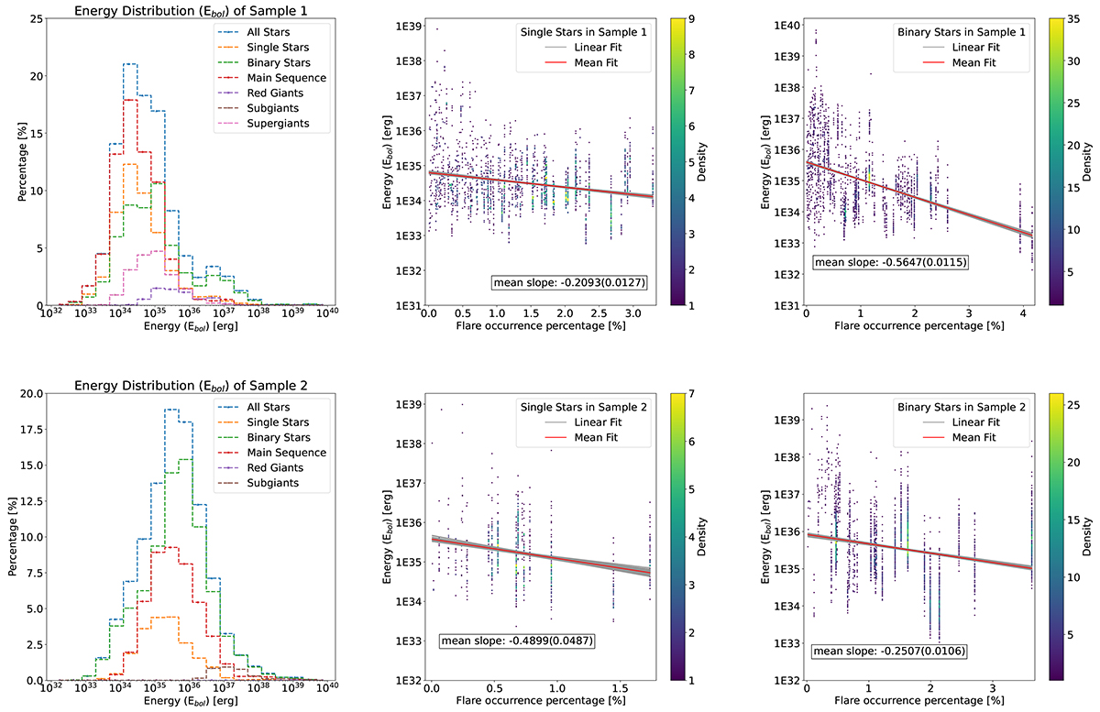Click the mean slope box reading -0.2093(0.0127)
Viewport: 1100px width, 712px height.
(x=568, y=283)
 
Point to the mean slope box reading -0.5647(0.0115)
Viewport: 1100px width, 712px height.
(x=889, y=263)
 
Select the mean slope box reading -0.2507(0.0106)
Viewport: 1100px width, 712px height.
(x=889, y=652)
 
